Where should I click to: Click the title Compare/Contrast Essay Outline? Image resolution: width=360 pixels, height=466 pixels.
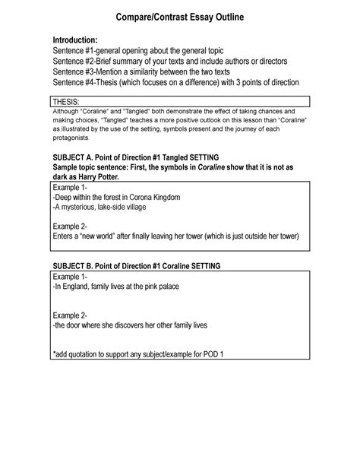coord(181,16)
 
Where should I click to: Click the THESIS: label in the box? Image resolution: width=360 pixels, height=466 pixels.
coord(68,102)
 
